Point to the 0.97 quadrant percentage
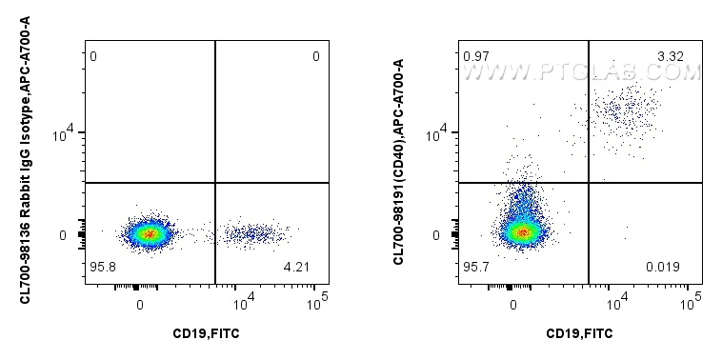475,57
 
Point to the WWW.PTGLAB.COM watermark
592,71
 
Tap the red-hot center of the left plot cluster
147,232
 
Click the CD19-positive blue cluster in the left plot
252,232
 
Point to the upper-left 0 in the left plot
93,57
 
